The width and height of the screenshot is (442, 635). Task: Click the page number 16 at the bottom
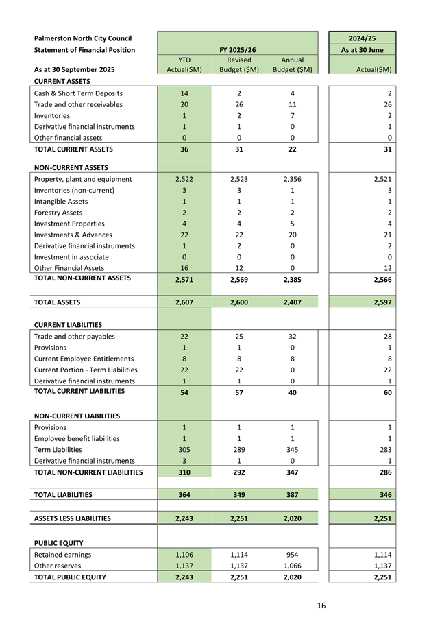pyautogui.click(x=321, y=605)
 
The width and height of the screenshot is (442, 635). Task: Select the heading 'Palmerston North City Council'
pyautogui.click(x=83, y=38)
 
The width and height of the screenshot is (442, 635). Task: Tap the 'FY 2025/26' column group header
pyautogui.click(x=238, y=50)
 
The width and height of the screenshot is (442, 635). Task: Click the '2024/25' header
pyautogui.click(x=363, y=38)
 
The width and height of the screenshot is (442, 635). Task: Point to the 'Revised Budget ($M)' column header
pyautogui.click(x=239, y=64)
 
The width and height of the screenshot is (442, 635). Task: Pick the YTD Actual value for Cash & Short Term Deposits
pyautogui.click(x=184, y=93)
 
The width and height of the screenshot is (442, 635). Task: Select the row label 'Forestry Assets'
pyautogui.click(x=58, y=213)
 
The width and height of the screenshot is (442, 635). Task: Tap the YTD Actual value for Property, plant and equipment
pyautogui.click(x=184, y=180)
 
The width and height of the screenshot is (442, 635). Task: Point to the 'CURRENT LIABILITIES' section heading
pyautogui.click(x=68, y=325)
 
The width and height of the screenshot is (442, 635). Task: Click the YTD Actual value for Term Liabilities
pyautogui.click(x=184, y=450)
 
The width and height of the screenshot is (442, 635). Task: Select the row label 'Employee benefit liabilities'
pyautogui.click(x=77, y=439)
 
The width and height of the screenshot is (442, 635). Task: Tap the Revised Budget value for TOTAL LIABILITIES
pyautogui.click(x=239, y=494)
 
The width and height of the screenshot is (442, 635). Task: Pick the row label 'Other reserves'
pyautogui.click(x=58, y=566)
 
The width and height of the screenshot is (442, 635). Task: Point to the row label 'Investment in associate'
pyautogui.click(x=71, y=257)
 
